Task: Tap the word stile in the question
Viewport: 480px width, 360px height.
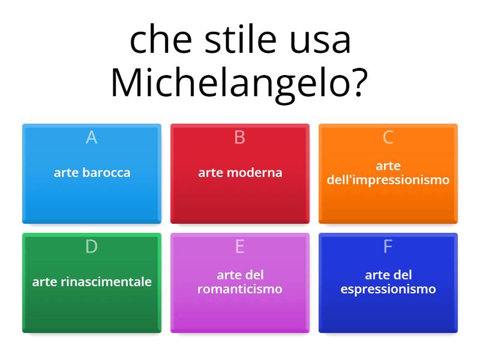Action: (x=230, y=40)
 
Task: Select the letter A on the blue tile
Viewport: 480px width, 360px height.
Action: (x=92, y=137)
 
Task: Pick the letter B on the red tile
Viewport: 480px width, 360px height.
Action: (x=240, y=137)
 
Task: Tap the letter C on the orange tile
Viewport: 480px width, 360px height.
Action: (x=388, y=137)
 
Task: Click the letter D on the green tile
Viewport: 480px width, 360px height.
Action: (x=92, y=247)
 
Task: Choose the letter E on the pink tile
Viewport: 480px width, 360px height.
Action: (x=240, y=247)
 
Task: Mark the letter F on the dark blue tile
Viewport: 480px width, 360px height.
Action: (x=388, y=247)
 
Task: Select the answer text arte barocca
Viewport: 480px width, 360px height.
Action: (x=92, y=173)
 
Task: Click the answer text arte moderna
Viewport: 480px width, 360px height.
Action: (x=240, y=173)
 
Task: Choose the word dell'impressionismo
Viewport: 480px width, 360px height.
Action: (x=388, y=180)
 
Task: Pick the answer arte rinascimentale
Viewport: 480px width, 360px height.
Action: (x=92, y=282)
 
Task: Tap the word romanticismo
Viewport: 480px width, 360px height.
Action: (x=240, y=289)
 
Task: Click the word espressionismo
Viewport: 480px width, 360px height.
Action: (x=388, y=289)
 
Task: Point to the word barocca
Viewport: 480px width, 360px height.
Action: (x=106, y=173)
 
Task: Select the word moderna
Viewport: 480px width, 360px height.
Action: (x=254, y=173)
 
